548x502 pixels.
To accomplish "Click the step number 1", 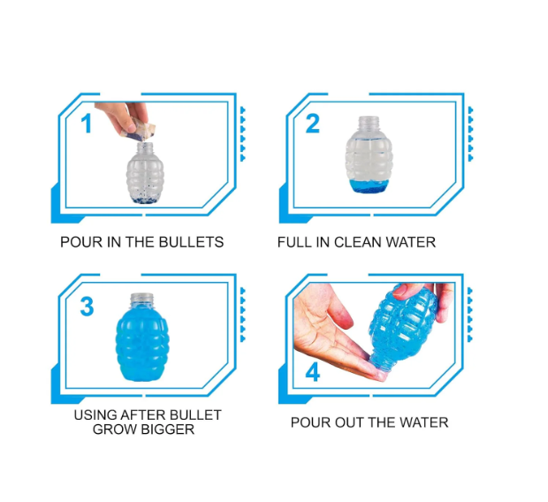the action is point(87,124).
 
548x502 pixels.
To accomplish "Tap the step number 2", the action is point(312,124).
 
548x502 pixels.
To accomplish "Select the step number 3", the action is point(87,307).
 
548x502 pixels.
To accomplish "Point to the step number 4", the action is point(312,372).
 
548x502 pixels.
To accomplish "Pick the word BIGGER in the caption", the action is point(164,430).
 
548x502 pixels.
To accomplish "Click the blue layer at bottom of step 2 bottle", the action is point(369,186).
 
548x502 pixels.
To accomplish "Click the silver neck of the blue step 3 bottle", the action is point(141,300).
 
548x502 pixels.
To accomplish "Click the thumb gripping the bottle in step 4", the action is point(409,291).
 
